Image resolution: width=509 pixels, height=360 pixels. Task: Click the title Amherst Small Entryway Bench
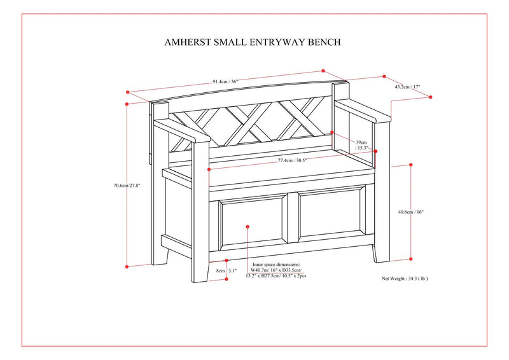click(253, 42)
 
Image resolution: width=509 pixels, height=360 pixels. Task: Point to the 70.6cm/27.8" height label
click(127, 186)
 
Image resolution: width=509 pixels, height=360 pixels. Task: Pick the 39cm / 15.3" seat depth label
click(362, 144)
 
